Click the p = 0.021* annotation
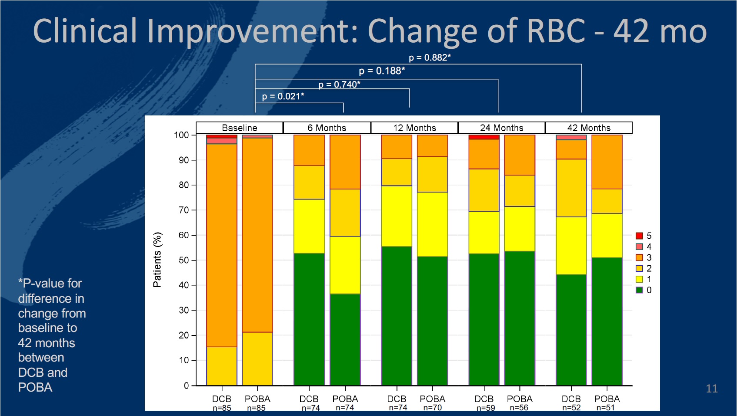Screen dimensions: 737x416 click(x=283, y=96)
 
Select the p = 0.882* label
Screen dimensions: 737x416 click(x=430, y=57)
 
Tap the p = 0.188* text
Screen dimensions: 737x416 click(x=382, y=71)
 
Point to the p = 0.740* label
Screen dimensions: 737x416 click(x=339, y=85)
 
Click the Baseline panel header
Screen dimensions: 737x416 click(x=240, y=128)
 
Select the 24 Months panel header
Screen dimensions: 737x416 click(x=501, y=128)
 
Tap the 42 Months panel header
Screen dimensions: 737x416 click(x=589, y=128)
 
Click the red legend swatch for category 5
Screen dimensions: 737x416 click(x=639, y=236)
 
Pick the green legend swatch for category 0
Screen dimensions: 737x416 click(x=639, y=290)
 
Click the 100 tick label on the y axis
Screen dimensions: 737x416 click(x=182, y=135)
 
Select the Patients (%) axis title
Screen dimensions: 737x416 click(x=157, y=260)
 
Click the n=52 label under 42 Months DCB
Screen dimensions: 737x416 click(x=571, y=408)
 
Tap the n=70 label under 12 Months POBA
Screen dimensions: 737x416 click(x=432, y=408)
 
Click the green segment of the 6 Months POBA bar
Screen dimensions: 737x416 click(x=345, y=339)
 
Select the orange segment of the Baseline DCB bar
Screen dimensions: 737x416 click(x=222, y=245)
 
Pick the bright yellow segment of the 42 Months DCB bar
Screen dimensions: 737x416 click(x=571, y=246)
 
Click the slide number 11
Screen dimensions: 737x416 click(x=712, y=389)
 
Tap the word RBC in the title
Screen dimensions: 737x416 click(x=556, y=30)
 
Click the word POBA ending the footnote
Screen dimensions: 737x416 click(x=35, y=387)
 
